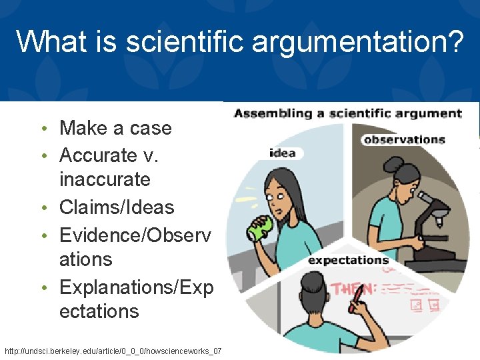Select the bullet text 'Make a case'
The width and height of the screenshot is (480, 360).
pyautogui.click(x=115, y=128)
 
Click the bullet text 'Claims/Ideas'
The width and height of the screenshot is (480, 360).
pyautogui.click(x=117, y=207)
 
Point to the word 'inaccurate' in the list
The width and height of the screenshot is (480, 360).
pyautogui.click(x=105, y=179)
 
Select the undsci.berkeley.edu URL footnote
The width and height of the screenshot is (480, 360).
pyautogui.click(x=113, y=351)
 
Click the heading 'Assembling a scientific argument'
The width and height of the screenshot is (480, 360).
pyautogui.click(x=347, y=113)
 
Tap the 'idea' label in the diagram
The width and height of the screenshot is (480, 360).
pyautogui.click(x=282, y=153)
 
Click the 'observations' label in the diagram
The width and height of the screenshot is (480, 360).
pyautogui.click(x=404, y=139)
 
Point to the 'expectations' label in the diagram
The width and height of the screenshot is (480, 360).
pyautogui.click(x=348, y=260)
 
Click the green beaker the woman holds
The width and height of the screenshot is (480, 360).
pyautogui.click(x=257, y=228)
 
